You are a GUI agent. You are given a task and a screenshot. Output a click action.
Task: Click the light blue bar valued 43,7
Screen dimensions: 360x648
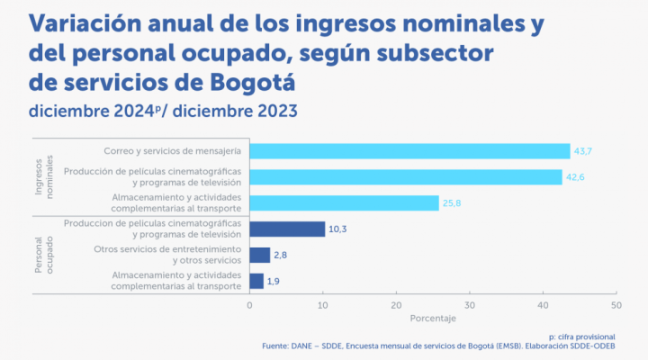click(x=409, y=151)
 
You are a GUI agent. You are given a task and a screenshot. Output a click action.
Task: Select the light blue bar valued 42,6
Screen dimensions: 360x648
click(x=406, y=177)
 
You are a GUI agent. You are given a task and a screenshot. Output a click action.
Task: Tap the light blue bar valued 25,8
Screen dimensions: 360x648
click(x=344, y=203)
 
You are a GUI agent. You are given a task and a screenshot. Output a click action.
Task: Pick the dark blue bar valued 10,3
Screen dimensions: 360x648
click(x=287, y=229)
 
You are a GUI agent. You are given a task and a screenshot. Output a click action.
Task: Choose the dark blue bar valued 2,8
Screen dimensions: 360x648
click(x=259, y=256)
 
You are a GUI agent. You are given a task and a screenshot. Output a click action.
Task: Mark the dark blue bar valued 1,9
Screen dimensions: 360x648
click(x=256, y=282)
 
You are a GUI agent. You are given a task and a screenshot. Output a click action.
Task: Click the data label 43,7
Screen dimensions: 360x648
click(x=584, y=151)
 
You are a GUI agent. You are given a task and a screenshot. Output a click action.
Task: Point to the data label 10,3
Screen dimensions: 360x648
click(x=338, y=229)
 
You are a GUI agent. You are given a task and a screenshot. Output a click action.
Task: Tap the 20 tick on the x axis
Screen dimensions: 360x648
click(x=396, y=304)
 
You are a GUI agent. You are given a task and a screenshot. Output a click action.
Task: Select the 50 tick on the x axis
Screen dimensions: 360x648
click(x=616, y=304)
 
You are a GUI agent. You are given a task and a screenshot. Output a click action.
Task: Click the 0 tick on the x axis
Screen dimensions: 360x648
click(x=249, y=304)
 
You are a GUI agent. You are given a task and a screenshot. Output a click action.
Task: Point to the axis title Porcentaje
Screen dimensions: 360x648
click(x=433, y=319)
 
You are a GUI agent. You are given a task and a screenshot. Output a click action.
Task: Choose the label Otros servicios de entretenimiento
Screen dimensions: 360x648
click(x=168, y=250)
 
